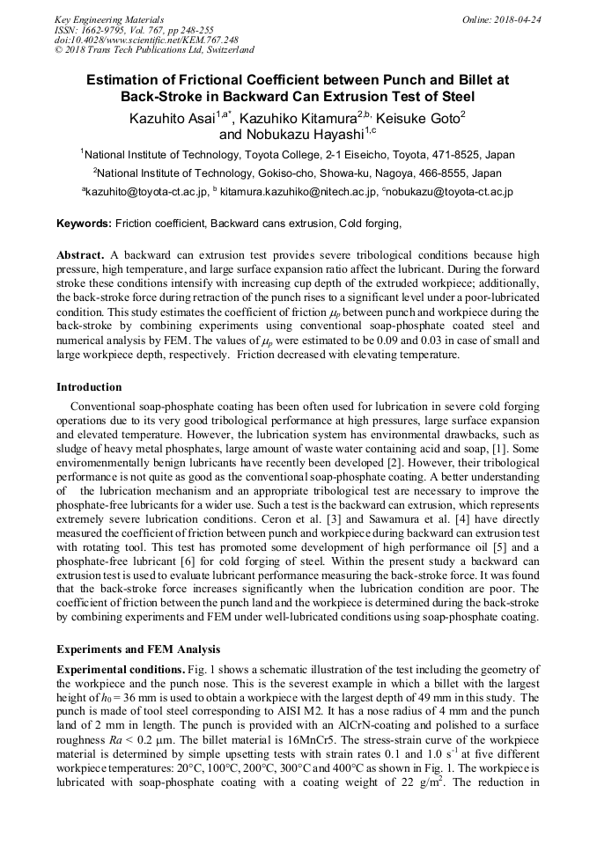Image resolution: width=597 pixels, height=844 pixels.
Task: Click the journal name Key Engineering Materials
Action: coord(109,19)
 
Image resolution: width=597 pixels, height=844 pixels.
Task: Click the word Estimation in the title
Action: coord(124,79)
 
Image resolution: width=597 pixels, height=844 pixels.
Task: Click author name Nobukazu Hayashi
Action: coord(304,135)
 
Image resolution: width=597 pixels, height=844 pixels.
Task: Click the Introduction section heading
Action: coord(89,387)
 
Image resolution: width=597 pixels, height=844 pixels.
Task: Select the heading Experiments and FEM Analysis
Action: coord(138,650)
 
